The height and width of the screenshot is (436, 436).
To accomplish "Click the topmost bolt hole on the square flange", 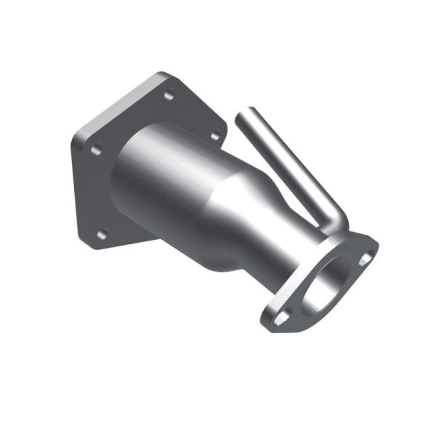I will pyautogui.click(x=169, y=94).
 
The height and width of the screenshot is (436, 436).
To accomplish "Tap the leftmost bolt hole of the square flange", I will pyautogui.click(x=94, y=150).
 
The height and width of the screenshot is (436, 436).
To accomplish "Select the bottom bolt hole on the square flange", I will pyautogui.click(x=102, y=234).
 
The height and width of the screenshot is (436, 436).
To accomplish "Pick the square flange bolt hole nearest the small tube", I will pyautogui.click(x=215, y=135).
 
